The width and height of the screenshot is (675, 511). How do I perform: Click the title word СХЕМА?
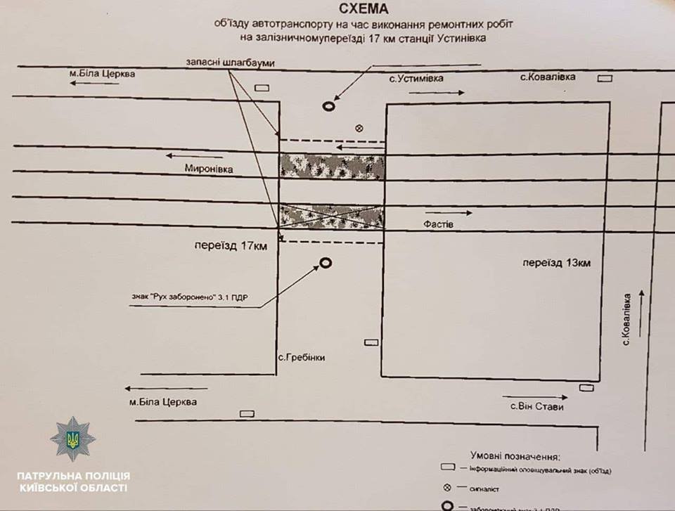(364, 9)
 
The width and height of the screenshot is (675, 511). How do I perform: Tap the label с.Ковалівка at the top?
(547, 77)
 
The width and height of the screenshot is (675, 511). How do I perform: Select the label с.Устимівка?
(416, 79)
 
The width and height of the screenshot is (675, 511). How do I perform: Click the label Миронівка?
(208, 169)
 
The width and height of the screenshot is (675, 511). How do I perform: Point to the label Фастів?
(438, 224)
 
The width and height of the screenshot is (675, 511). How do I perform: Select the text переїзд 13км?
(556, 263)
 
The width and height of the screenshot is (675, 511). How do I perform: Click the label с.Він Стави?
(537, 406)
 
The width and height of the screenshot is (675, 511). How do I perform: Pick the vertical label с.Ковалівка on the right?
(625, 319)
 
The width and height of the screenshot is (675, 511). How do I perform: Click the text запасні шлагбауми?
(230, 63)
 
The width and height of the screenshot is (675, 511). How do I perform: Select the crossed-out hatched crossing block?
(332, 216)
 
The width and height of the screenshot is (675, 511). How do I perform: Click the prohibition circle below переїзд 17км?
(326, 264)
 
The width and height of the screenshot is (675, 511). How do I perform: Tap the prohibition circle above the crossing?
(328, 106)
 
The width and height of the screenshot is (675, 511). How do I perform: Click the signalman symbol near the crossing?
(359, 128)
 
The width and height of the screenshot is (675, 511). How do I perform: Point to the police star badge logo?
(72, 439)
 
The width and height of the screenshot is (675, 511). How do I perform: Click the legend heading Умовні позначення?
(520, 457)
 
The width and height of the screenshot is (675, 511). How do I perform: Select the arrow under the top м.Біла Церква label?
(93, 83)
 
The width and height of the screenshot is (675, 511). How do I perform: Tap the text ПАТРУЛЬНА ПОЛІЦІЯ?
(72, 476)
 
